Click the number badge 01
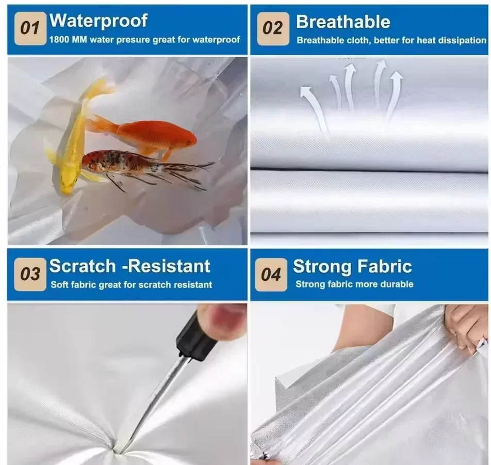(x=30, y=28)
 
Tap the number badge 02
(x=273, y=29)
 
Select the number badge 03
(x=30, y=275)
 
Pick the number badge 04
(x=271, y=275)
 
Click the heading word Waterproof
(x=99, y=21)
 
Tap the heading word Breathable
(x=343, y=22)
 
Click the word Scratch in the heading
(x=83, y=266)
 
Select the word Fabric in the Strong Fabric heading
(x=385, y=266)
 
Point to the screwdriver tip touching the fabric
(x=119, y=451)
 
